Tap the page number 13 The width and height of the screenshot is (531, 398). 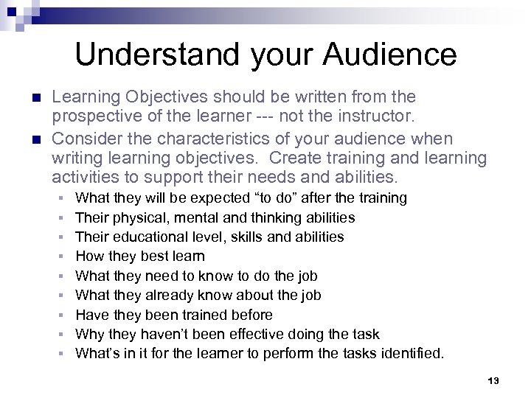pos(494,380)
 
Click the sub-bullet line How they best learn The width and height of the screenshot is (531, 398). pos(140,256)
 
